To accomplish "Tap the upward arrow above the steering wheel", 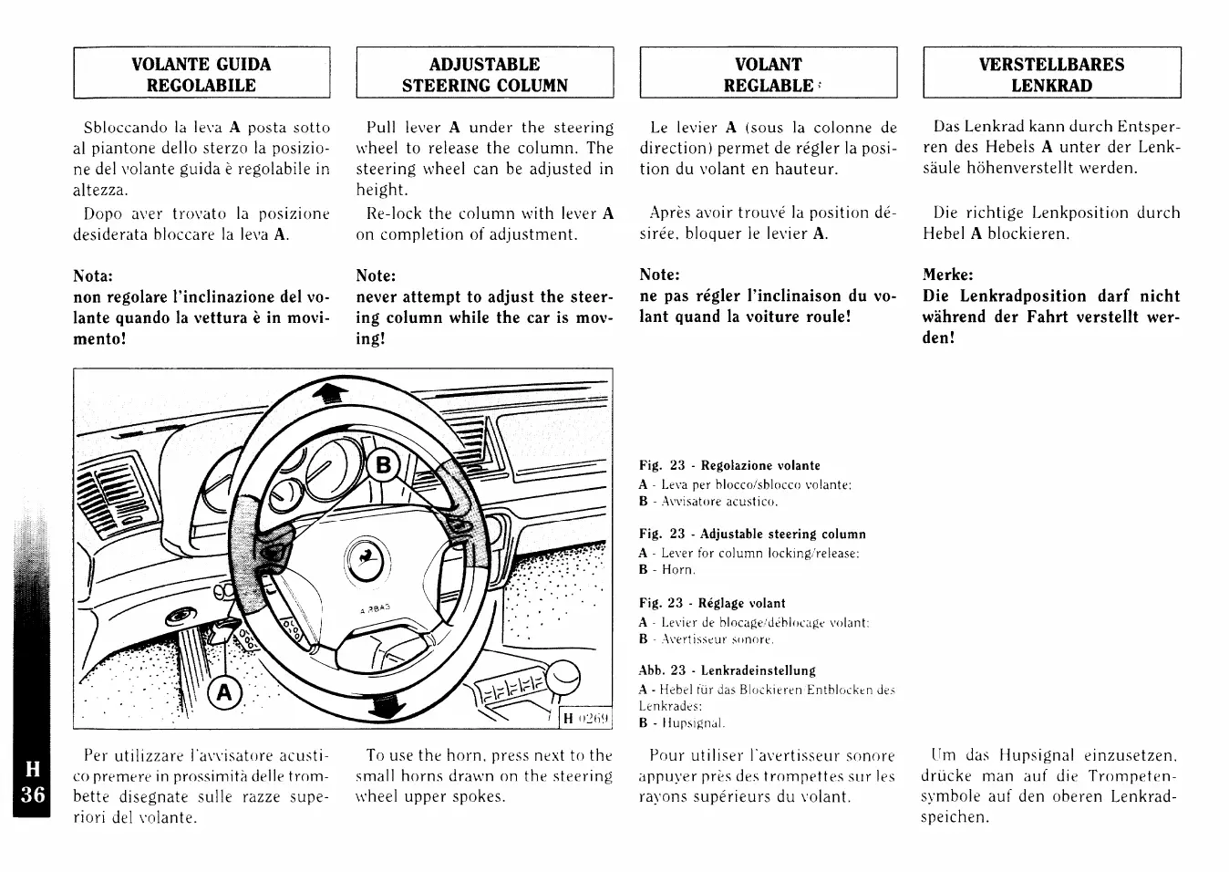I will [x=331, y=392].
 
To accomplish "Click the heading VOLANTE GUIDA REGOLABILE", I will [x=201, y=75].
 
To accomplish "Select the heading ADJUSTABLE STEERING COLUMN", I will [x=484, y=75].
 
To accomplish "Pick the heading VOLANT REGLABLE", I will [x=768, y=75].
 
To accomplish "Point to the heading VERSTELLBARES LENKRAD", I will [x=1051, y=75].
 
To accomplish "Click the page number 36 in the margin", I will [x=32, y=794].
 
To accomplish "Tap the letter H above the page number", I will [x=30, y=769].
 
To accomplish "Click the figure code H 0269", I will [x=585, y=719].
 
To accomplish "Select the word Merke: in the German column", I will [x=947, y=275].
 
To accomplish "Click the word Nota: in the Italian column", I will [x=92, y=275].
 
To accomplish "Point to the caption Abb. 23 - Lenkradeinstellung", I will [x=727, y=670].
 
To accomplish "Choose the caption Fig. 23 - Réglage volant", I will [x=712, y=603].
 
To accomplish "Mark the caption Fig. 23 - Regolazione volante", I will [x=729, y=465].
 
